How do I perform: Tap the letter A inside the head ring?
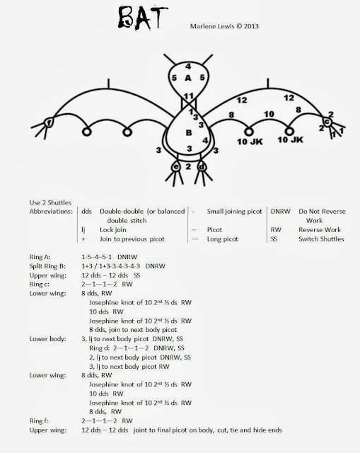point(188,78)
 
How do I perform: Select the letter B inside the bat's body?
point(189,132)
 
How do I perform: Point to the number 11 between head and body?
point(187,96)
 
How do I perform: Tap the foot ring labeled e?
point(175,168)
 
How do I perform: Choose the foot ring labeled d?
point(202,168)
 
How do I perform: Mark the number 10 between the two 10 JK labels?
point(268,113)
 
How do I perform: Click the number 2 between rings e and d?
point(188,166)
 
